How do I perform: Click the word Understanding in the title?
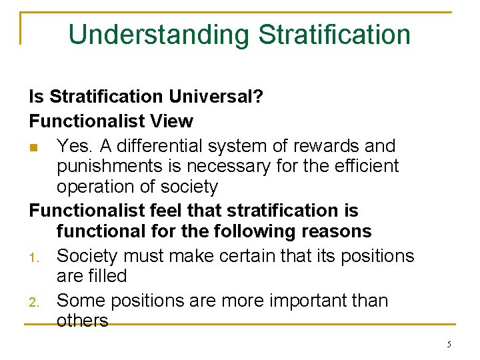(x=159, y=35)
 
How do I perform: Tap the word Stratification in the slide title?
(x=334, y=35)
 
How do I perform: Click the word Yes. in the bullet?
(x=72, y=145)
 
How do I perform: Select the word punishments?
(x=109, y=167)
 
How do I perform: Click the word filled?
(x=107, y=275)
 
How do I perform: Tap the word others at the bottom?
(x=82, y=321)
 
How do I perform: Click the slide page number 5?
(x=449, y=345)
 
